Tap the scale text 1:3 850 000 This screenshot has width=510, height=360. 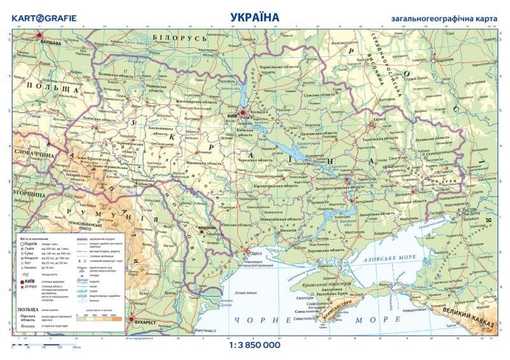[254, 345]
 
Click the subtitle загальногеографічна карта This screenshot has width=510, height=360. [444, 18]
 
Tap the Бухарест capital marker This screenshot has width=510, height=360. [131, 320]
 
